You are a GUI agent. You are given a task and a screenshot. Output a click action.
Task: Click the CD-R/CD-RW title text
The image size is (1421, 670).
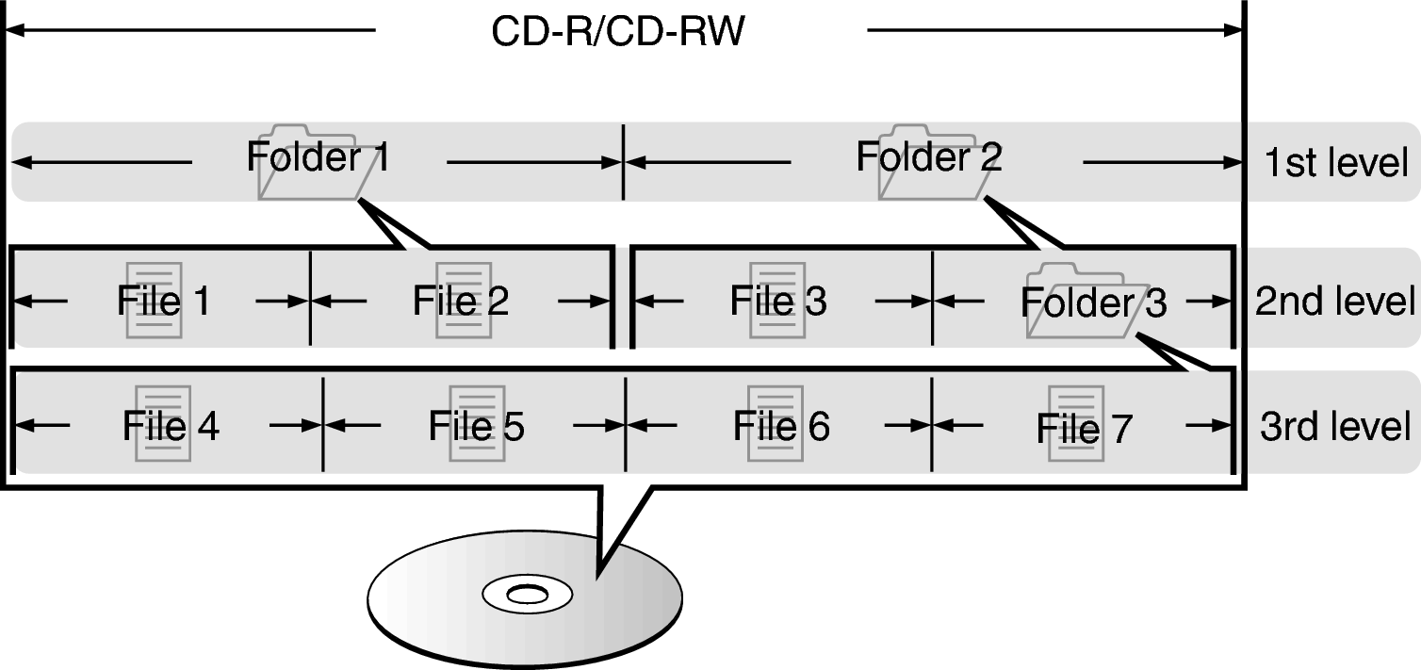click(x=617, y=32)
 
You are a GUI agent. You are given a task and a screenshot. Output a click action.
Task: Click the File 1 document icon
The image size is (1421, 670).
click(x=153, y=301)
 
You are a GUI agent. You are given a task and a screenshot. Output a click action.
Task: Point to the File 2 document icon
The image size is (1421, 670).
click(x=463, y=301)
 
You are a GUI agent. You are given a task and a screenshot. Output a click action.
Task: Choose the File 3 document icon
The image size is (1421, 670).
click(x=776, y=301)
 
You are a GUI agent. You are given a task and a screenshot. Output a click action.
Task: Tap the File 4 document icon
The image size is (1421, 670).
click(x=162, y=423)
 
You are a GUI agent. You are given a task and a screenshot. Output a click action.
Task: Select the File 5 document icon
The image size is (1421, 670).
click(x=477, y=423)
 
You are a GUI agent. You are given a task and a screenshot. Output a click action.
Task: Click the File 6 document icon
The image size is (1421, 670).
click(x=776, y=423)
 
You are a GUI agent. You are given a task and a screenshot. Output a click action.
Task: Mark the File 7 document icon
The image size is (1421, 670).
click(x=1076, y=423)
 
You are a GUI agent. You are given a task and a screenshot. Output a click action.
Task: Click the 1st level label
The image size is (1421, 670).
click(x=1336, y=163)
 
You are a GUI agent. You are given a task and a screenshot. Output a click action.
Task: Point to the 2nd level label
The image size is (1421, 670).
click(x=1335, y=302)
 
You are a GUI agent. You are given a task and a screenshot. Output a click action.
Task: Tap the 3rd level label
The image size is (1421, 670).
click(x=1335, y=426)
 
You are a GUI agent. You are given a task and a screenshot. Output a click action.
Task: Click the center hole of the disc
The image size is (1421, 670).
click(x=526, y=595)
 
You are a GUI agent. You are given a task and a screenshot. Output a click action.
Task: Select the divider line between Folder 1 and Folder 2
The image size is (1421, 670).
click(x=623, y=162)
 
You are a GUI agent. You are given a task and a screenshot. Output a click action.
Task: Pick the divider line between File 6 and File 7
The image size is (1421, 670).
click(x=932, y=424)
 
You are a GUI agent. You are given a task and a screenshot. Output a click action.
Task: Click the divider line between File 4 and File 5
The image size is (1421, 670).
click(x=323, y=424)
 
